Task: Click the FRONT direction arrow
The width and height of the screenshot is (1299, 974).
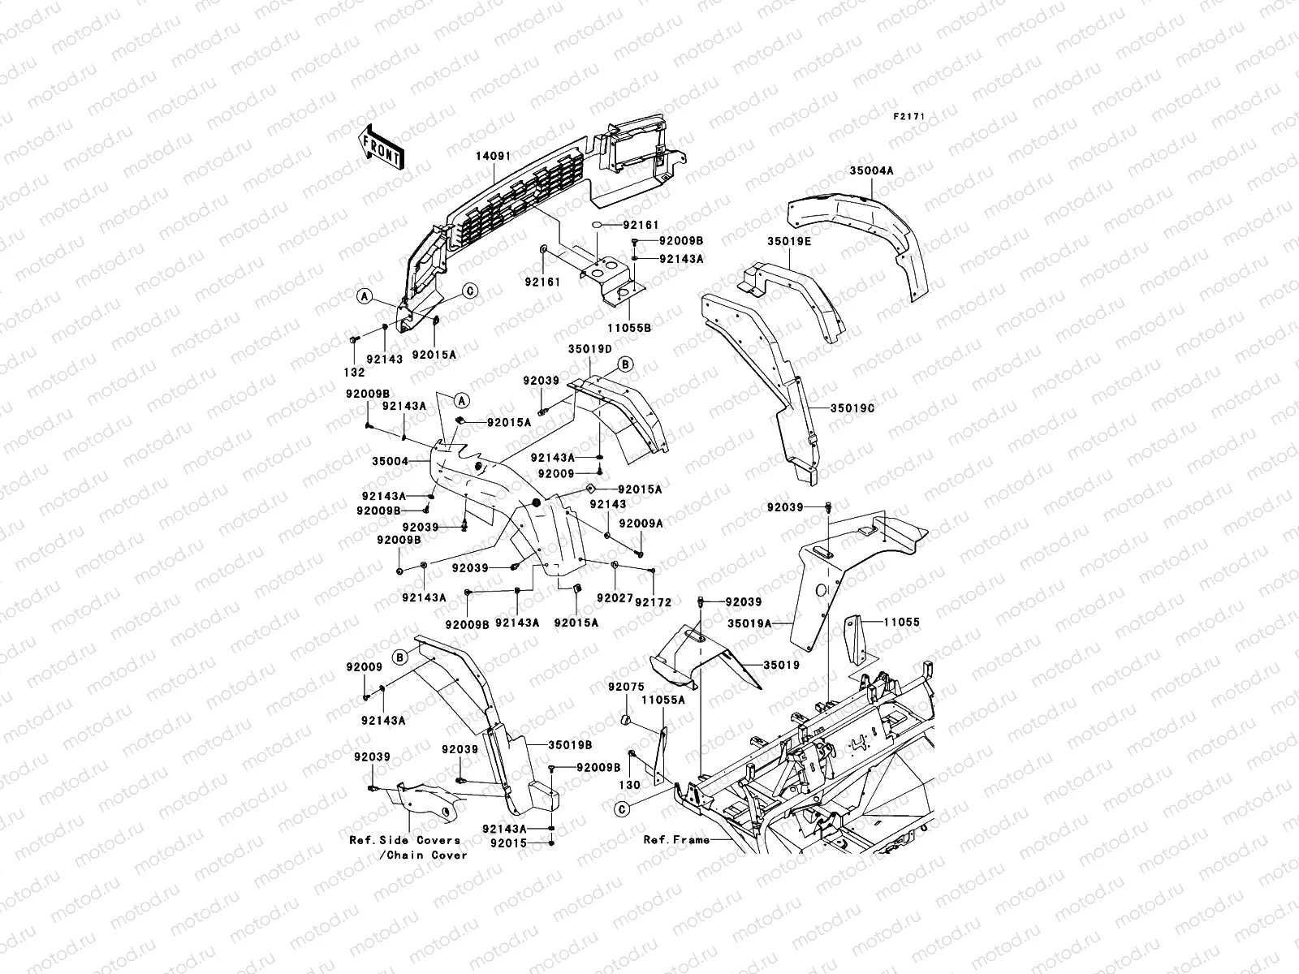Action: [382, 148]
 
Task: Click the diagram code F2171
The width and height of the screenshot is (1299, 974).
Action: [909, 117]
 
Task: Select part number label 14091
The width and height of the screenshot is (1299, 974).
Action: [493, 156]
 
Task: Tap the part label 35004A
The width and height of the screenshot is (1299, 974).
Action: [872, 170]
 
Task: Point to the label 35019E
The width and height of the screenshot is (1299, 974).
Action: [789, 241]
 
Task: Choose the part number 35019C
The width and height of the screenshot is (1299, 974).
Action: [852, 408]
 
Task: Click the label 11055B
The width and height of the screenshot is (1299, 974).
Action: [629, 328]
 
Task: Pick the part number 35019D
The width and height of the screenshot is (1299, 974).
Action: [590, 349]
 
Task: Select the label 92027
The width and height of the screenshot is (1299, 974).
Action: [615, 598]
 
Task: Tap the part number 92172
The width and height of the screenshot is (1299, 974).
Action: [654, 602]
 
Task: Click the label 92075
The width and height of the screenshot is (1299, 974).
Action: [626, 687]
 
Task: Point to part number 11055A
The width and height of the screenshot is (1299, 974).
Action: [663, 700]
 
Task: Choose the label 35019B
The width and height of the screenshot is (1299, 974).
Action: [570, 745]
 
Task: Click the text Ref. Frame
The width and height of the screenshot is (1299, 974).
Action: [676, 840]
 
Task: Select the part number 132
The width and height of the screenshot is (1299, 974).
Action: [354, 372]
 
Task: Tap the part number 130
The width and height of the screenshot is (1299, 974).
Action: [630, 785]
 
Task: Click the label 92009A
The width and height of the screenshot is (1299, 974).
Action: [641, 524]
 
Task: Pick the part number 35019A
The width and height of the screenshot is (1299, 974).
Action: [750, 623]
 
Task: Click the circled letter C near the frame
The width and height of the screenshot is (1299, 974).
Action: [622, 809]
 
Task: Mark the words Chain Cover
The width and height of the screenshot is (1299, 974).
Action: [427, 855]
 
